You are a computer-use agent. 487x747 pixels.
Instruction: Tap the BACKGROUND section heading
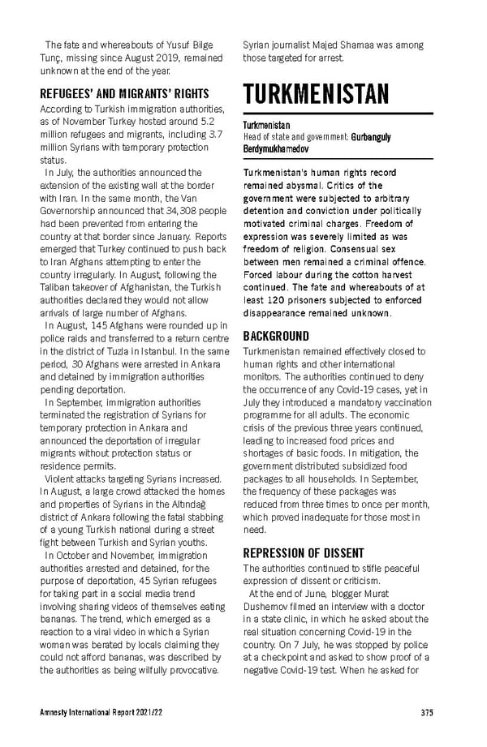coord(276,336)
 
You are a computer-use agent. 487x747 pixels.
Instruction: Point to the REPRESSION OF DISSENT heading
coord(304,553)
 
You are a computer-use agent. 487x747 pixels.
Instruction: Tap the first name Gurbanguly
coord(371,137)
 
